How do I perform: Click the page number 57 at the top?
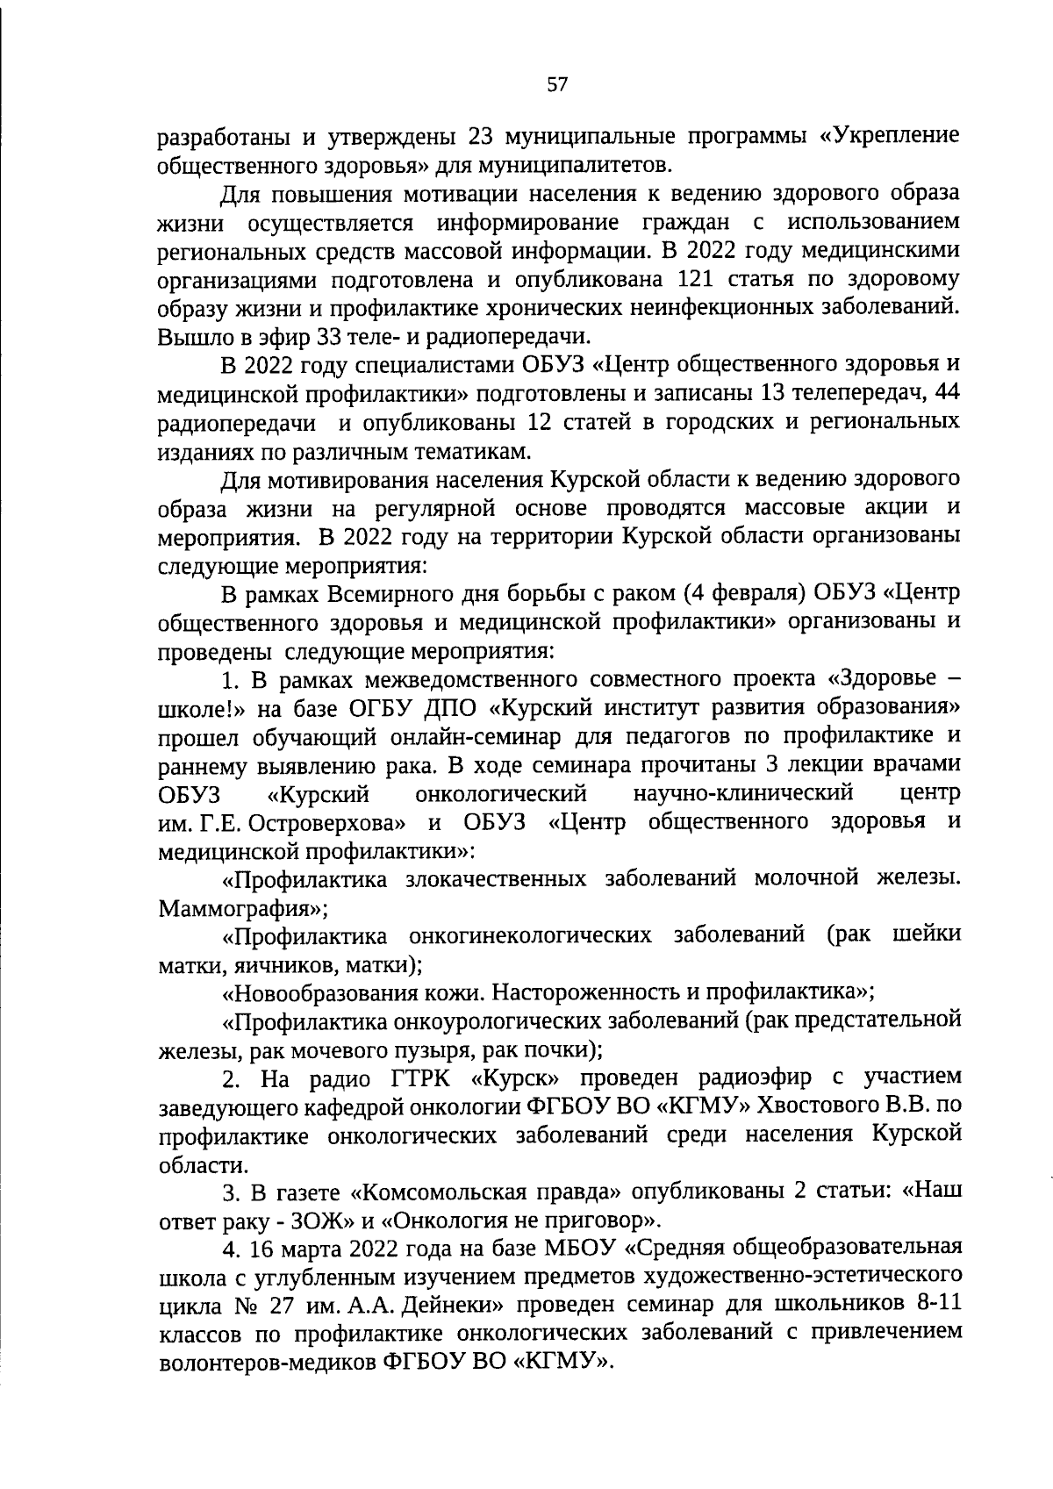[558, 84]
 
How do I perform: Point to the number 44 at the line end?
[946, 394]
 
